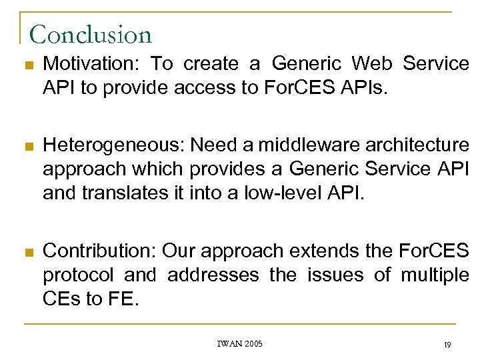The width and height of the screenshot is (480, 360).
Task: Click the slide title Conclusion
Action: click(x=91, y=34)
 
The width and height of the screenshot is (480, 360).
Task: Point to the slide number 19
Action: click(x=447, y=345)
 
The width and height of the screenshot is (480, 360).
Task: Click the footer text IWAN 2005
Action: click(x=240, y=344)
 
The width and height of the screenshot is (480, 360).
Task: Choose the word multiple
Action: click(x=435, y=275)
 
